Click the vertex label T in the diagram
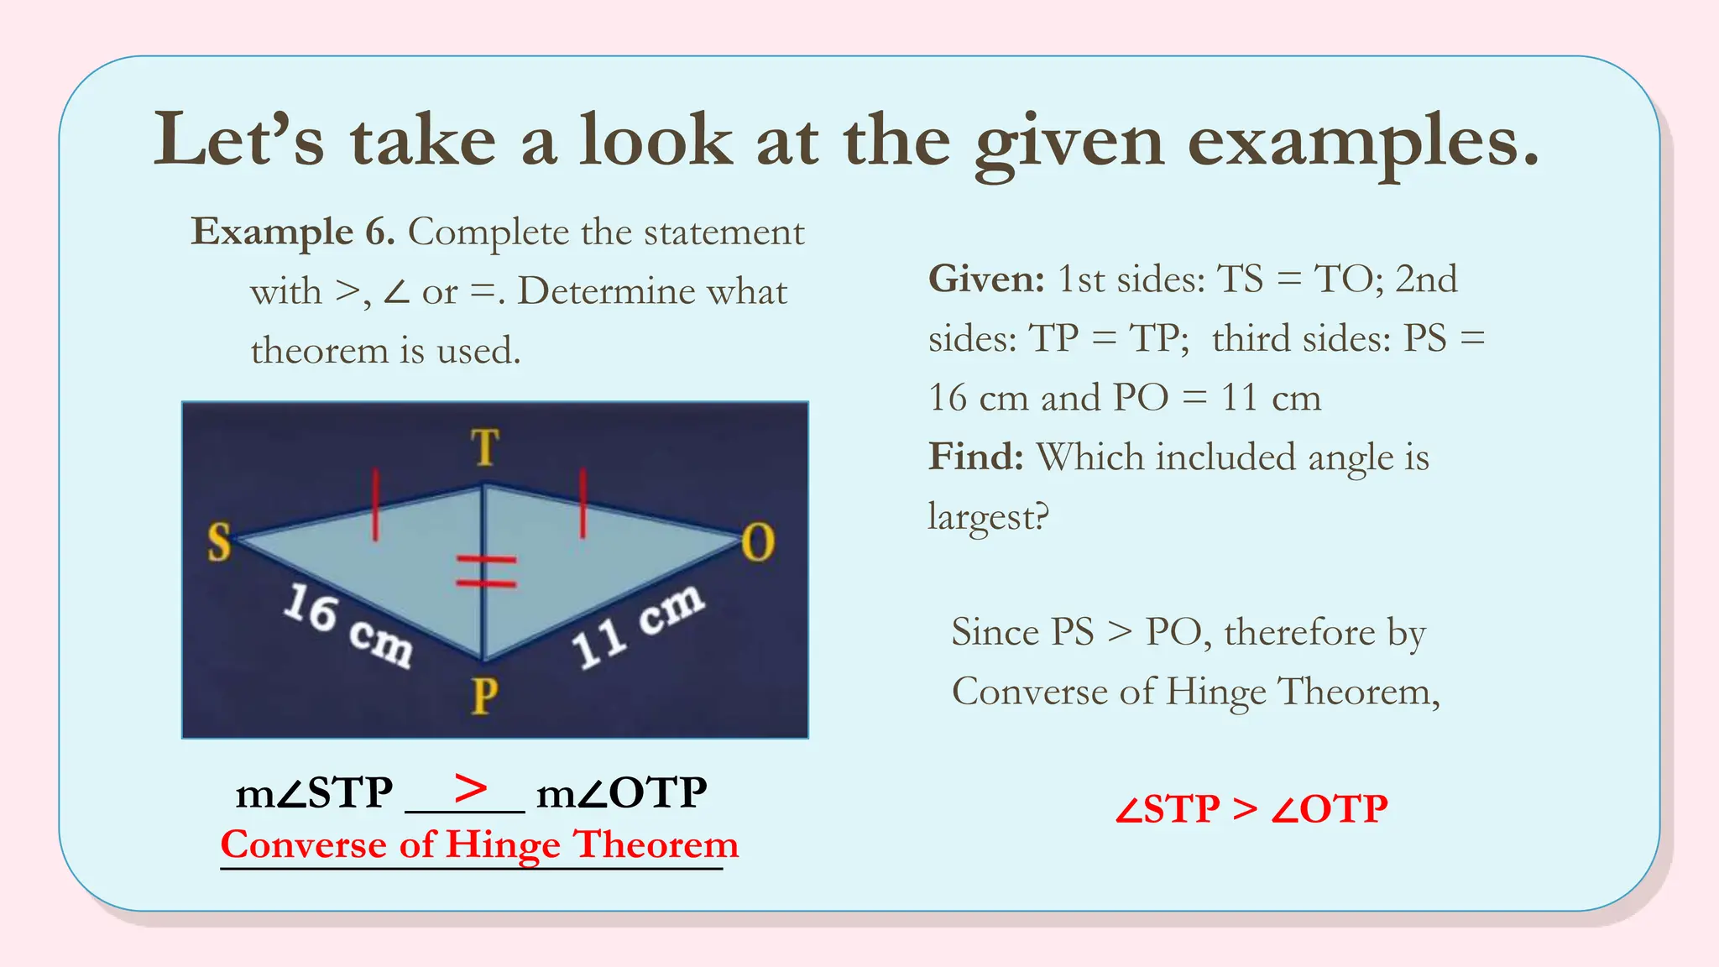[x=484, y=447]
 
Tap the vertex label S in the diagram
[x=219, y=541]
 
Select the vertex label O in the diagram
[x=757, y=542]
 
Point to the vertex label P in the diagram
[x=484, y=696]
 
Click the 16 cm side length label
[x=347, y=625]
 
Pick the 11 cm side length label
[x=638, y=625]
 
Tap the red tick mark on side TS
[x=375, y=504]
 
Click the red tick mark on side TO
[x=583, y=503]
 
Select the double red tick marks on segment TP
[x=485, y=571]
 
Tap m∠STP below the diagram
[x=314, y=792]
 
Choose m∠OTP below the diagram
[x=622, y=792]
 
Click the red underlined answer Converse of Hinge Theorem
[x=479, y=844]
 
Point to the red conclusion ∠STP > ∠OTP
[x=1251, y=809]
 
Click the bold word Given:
[x=986, y=279]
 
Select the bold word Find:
[x=976, y=457]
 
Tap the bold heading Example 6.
[x=293, y=232]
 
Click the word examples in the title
[x=1363, y=141]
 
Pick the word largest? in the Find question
[x=988, y=516]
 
